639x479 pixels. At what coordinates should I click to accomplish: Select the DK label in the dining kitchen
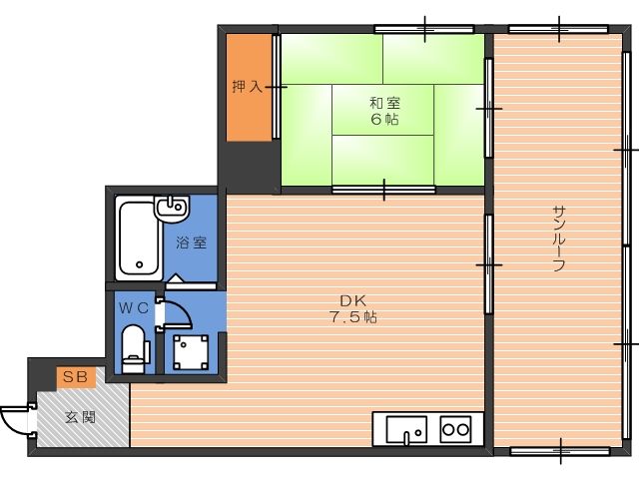(x=350, y=299)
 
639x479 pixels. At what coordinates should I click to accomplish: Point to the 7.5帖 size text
(x=350, y=318)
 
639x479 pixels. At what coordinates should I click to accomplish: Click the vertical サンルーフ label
(x=559, y=239)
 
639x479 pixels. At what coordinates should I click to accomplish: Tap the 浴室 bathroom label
(x=192, y=242)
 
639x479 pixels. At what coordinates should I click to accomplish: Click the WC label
(x=134, y=308)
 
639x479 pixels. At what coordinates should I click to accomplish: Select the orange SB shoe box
(x=76, y=376)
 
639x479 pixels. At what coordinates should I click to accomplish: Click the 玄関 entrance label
(x=81, y=417)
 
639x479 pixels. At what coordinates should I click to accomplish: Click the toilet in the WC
(x=133, y=347)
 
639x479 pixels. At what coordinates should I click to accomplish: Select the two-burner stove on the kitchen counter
(x=456, y=430)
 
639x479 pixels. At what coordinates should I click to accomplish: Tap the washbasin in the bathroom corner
(x=173, y=210)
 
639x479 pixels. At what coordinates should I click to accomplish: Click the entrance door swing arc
(x=14, y=419)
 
